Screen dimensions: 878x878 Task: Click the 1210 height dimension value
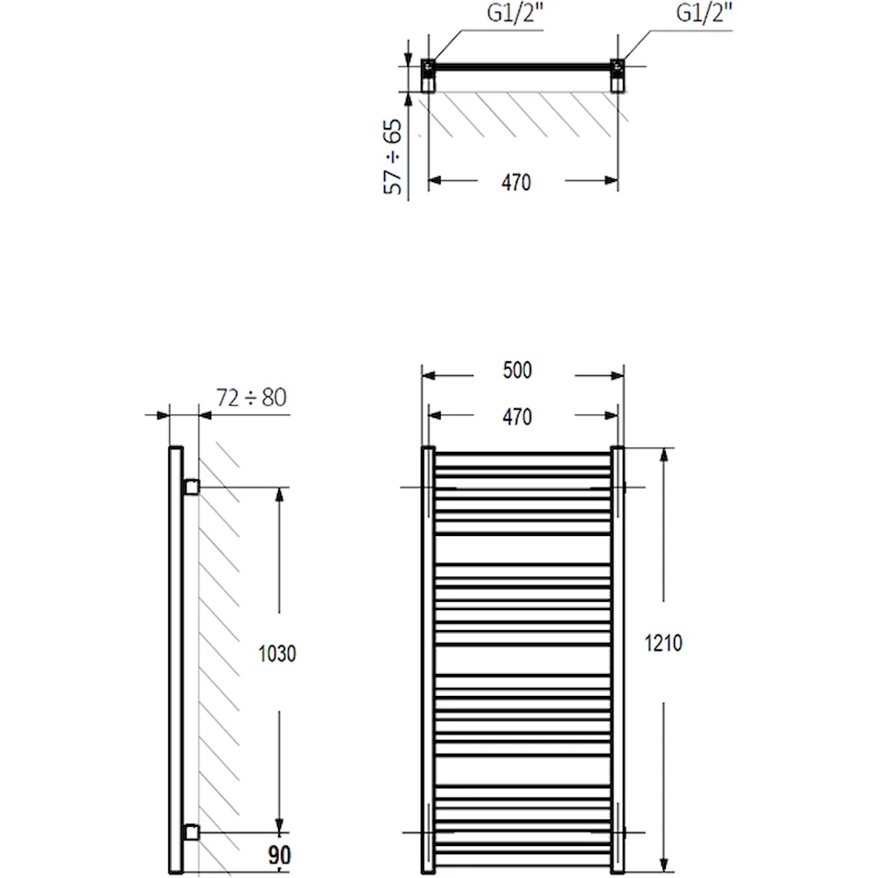click(x=664, y=643)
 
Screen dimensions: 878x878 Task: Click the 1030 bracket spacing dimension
click(x=277, y=653)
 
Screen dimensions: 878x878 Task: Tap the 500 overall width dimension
click(x=518, y=370)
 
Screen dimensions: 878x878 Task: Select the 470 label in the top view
click(x=516, y=183)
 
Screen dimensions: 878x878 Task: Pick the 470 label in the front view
click(x=518, y=417)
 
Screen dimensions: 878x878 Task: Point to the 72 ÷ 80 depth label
click(x=252, y=398)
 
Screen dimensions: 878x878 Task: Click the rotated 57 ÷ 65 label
click(x=393, y=156)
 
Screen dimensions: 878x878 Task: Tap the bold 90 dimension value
click(x=280, y=855)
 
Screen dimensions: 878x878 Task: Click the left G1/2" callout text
click(x=515, y=13)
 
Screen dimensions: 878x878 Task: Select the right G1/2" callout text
click(x=704, y=13)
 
